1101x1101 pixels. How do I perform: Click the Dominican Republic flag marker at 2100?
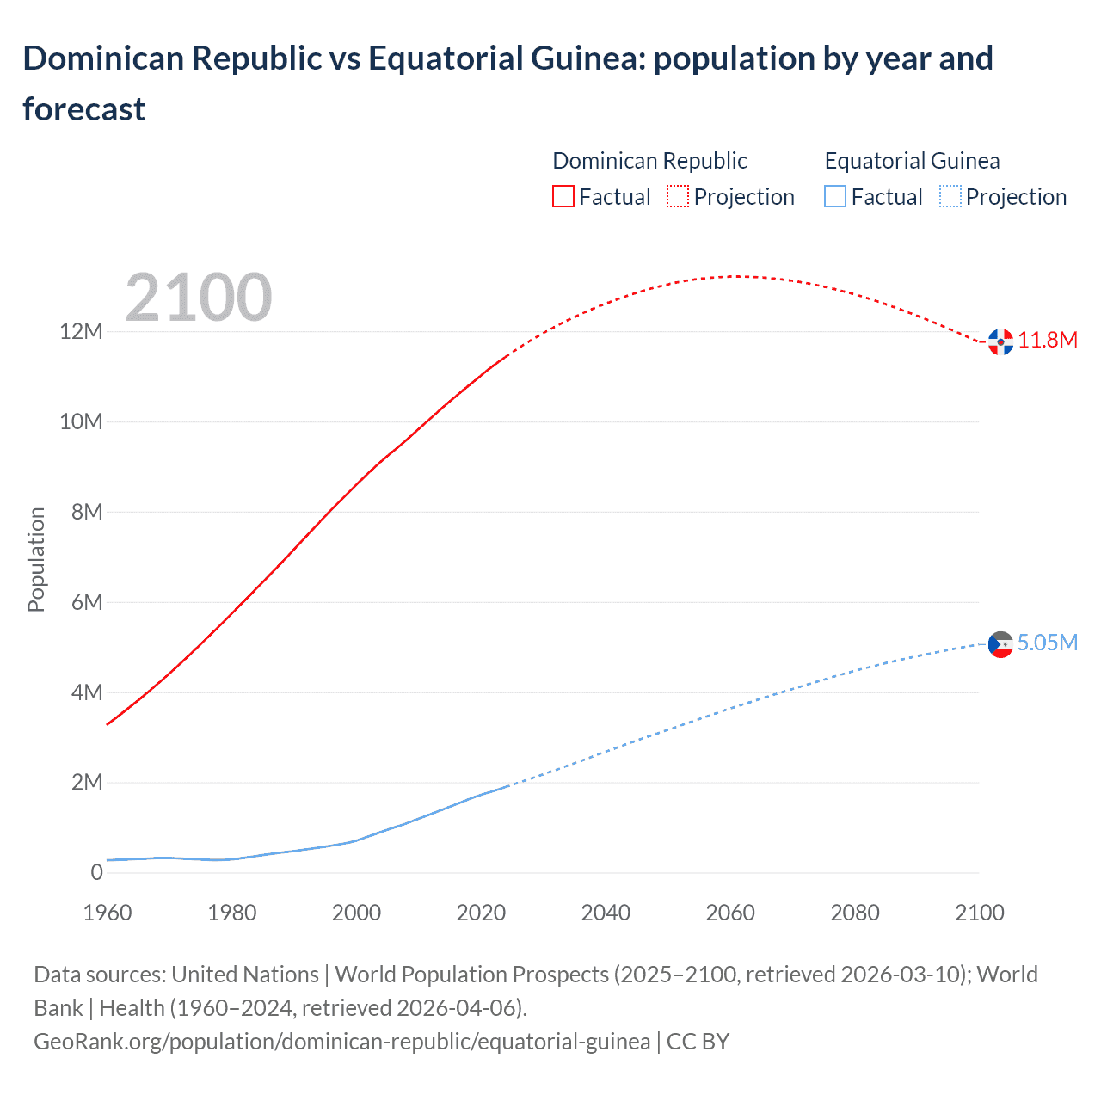[x=1000, y=341]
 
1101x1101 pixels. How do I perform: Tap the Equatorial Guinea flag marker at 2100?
[x=1000, y=643]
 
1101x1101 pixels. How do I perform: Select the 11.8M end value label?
[x=1048, y=340]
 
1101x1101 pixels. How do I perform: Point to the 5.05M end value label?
[x=1047, y=643]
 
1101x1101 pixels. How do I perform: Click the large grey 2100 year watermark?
[x=199, y=298]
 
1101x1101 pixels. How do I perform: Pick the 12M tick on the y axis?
[x=82, y=332]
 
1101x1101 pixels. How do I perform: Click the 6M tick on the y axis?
[x=87, y=602]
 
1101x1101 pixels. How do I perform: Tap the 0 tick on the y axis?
[x=96, y=872]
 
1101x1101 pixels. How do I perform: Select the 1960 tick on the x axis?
[x=108, y=913]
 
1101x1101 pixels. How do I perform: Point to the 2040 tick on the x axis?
[x=606, y=913]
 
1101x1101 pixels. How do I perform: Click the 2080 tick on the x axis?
[x=855, y=913]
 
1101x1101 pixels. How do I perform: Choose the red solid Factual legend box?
[x=563, y=197]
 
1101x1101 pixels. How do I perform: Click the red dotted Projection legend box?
[x=678, y=197]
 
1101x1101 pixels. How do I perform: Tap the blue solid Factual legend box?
[x=835, y=197]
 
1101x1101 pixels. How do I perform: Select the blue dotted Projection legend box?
[x=950, y=197]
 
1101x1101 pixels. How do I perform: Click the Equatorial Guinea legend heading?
[x=912, y=161]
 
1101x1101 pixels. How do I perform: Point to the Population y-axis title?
[x=36, y=559]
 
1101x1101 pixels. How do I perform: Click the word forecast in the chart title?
[x=84, y=109]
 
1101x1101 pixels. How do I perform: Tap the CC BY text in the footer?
[x=698, y=1042]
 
